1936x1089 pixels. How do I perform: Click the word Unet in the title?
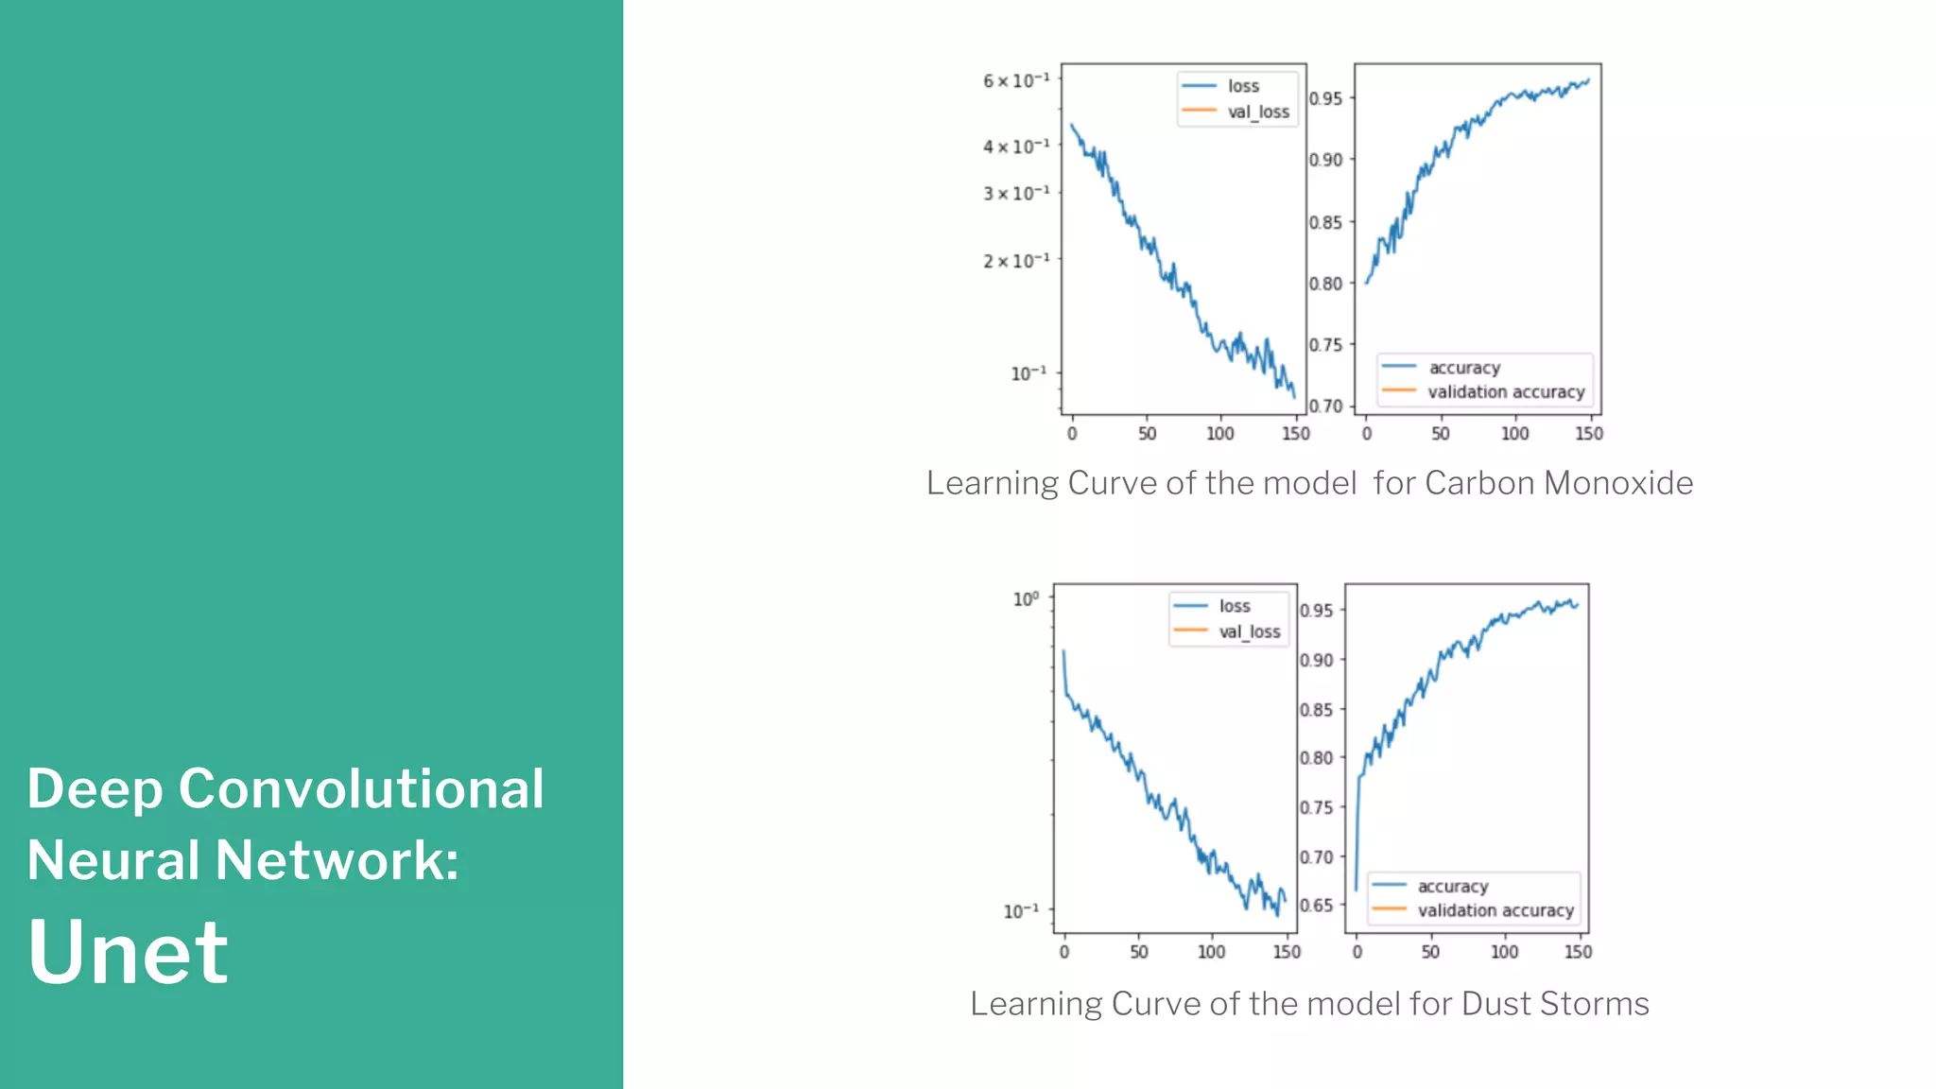[128, 951]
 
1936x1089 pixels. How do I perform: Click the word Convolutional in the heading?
[361, 788]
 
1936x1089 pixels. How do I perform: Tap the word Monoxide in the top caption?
[1618, 483]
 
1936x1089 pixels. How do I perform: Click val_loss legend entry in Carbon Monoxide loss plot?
[1257, 112]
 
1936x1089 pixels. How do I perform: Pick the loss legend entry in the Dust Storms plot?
[1234, 606]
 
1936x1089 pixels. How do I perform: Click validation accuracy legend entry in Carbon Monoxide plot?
[1505, 391]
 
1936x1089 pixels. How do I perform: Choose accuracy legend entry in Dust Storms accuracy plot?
[1452, 887]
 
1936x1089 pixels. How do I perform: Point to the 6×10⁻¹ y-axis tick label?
[1016, 80]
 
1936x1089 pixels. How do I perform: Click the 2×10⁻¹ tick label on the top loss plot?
[1016, 260]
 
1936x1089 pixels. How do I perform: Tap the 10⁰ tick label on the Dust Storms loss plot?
[1026, 599]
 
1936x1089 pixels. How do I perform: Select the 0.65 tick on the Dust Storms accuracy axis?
[1316, 906]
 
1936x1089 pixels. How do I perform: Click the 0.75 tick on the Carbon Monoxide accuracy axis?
[1325, 345]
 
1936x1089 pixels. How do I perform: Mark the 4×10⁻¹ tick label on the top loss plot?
[1016, 147]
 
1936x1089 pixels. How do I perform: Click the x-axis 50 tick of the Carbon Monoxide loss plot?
[1147, 434]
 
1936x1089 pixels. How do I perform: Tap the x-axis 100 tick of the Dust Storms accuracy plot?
[1504, 952]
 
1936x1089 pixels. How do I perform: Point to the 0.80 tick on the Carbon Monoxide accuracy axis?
[1325, 284]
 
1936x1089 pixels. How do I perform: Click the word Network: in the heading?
[337, 860]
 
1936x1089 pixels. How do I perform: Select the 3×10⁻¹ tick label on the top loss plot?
[1016, 193]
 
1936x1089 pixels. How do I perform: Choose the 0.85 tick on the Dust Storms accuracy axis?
[1316, 710]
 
